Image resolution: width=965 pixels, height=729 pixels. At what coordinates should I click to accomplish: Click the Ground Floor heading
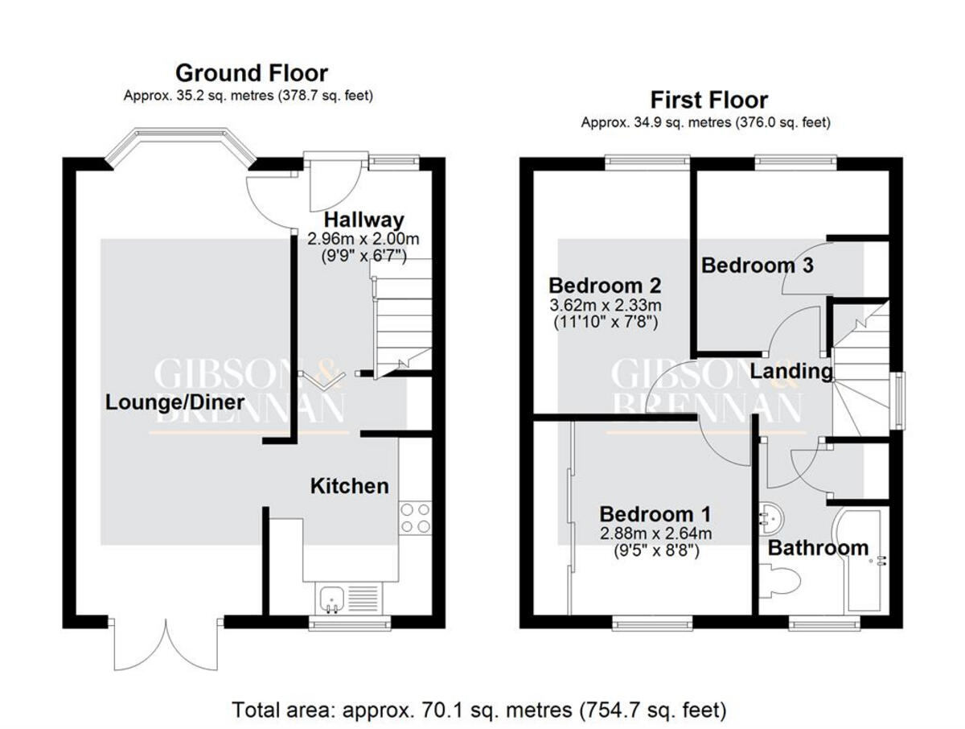pos(251,73)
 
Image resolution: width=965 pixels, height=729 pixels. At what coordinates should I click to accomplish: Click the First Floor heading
pos(708,100)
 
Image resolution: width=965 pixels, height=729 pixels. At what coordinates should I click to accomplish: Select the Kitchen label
pos(349,486)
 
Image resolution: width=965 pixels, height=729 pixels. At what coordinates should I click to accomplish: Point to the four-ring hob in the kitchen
pos(415,517)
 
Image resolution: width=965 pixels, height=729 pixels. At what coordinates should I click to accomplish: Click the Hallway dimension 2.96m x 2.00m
pos(363,239)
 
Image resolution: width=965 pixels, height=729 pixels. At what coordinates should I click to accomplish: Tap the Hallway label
pos(363,219)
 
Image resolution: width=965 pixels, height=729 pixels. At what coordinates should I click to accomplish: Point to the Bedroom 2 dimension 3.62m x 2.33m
pos(605,305)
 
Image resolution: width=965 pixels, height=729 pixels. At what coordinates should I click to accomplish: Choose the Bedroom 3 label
pos(757,265)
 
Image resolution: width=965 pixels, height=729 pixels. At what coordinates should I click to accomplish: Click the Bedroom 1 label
pos(655,513)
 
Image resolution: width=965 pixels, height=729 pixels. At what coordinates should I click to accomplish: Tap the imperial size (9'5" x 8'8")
pos(655,551)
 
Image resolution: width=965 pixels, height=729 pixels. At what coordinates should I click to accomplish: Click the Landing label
pos(791,372)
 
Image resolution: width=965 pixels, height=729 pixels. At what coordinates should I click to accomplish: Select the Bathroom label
pos(818,548)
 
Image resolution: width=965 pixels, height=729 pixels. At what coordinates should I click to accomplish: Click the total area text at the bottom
pos(479,710)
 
